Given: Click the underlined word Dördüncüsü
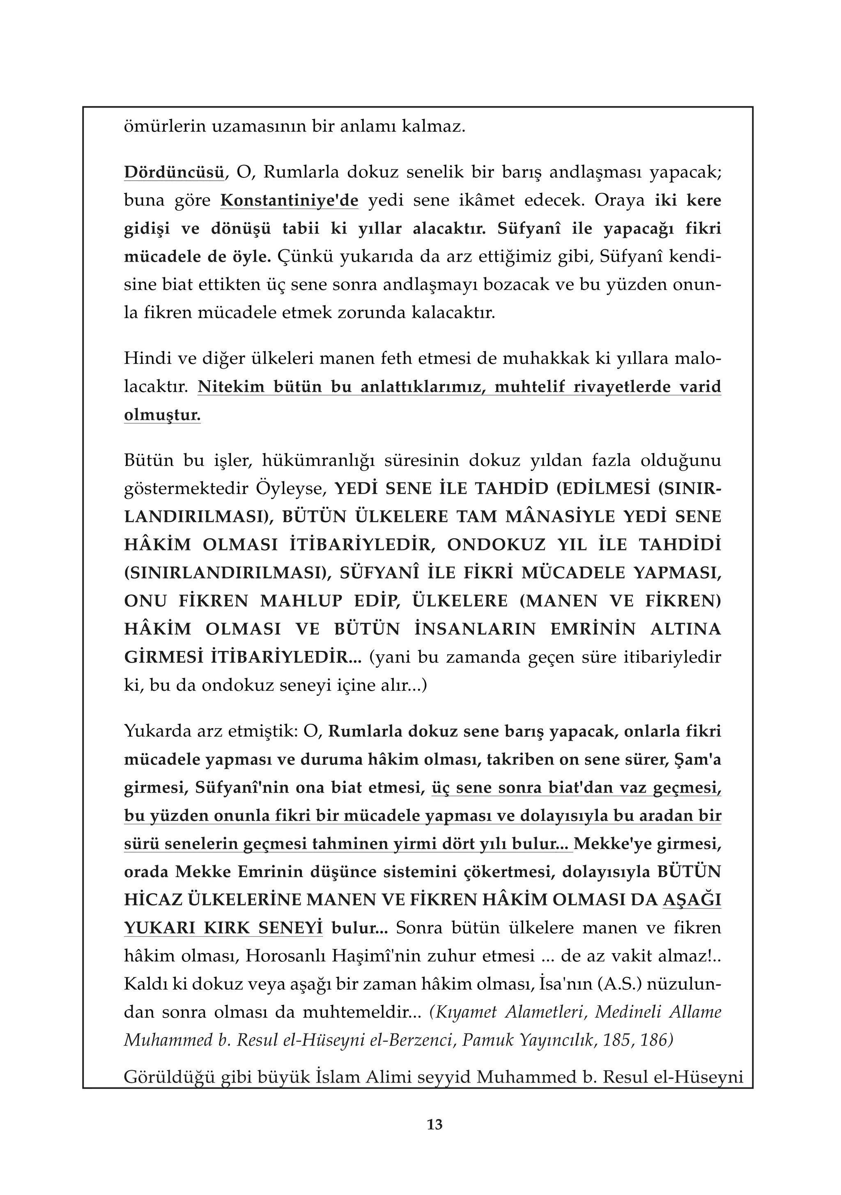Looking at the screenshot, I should coord(174,172).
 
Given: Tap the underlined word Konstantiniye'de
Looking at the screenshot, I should coord(289,200).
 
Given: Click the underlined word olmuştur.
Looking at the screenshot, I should coord(162,415).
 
